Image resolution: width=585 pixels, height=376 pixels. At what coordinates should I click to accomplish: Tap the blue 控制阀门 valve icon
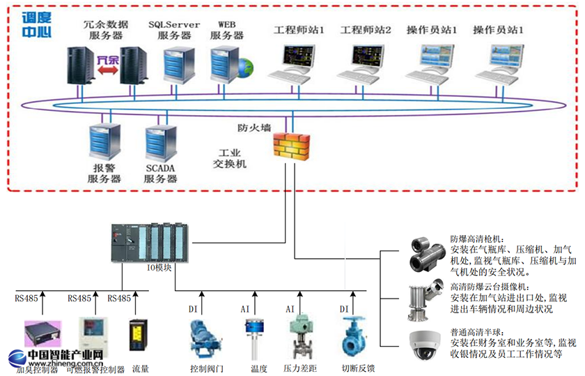tap(206, 338)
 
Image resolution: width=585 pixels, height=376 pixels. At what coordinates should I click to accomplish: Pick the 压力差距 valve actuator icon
tap(302, 337)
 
